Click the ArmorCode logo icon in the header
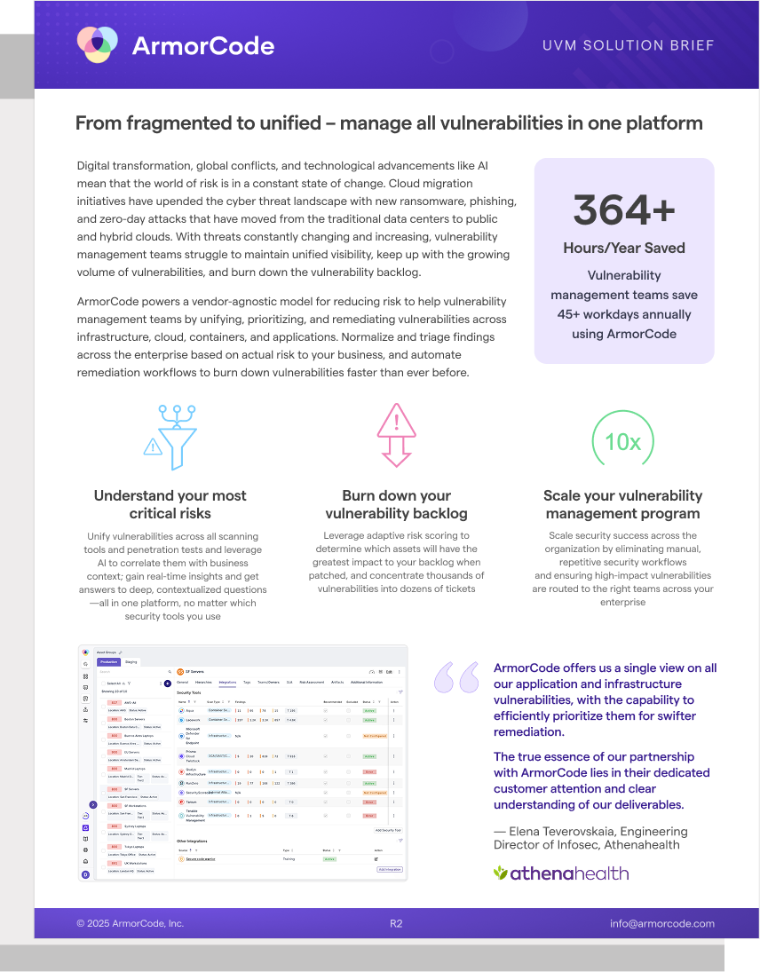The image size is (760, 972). point(98,44)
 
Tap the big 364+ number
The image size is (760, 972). point(623,209)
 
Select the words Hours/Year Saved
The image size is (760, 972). point(623,248)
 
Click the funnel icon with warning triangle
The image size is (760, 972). point(169,434)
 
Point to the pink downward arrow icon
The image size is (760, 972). point(396,434)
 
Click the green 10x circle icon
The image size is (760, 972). point(622,441)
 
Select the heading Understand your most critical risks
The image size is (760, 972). point(170,504)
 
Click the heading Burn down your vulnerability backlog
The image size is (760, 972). point(396,504)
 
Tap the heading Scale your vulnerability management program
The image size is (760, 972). point(622,504)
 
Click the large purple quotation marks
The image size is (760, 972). point(456,677)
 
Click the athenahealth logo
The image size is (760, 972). point(561,873)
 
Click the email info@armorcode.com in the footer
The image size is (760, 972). point(662,923)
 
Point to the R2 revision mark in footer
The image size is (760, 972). point(396,923)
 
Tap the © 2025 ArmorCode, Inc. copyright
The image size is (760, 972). point(130,923)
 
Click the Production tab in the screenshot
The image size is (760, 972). point(109,661)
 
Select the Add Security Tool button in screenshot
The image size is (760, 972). point(388,830)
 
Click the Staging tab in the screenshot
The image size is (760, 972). point(131,661)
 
